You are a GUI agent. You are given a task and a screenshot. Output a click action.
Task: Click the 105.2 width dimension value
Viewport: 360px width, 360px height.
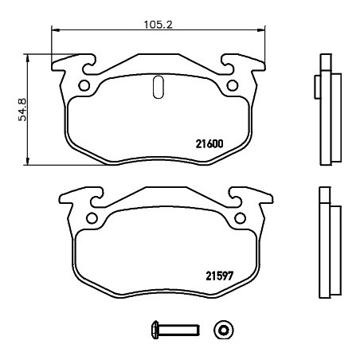158,25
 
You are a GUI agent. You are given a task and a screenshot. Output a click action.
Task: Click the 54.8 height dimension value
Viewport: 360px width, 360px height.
22,110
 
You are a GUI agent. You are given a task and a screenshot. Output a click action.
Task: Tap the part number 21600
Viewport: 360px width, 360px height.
209,144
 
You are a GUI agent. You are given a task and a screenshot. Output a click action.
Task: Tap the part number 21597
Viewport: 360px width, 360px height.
220,276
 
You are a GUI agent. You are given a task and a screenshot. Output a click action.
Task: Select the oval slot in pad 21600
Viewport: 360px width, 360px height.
158,87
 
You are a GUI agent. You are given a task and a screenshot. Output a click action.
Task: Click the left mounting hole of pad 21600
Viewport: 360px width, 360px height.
84,85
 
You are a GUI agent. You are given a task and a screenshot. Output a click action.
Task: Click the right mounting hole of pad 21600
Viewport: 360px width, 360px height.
233,85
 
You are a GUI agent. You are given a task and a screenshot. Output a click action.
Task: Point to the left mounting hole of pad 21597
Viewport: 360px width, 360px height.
92,218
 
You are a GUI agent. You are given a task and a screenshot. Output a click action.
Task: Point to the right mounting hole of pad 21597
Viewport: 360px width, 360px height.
241,218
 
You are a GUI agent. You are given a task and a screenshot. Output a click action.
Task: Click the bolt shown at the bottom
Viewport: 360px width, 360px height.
175,330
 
